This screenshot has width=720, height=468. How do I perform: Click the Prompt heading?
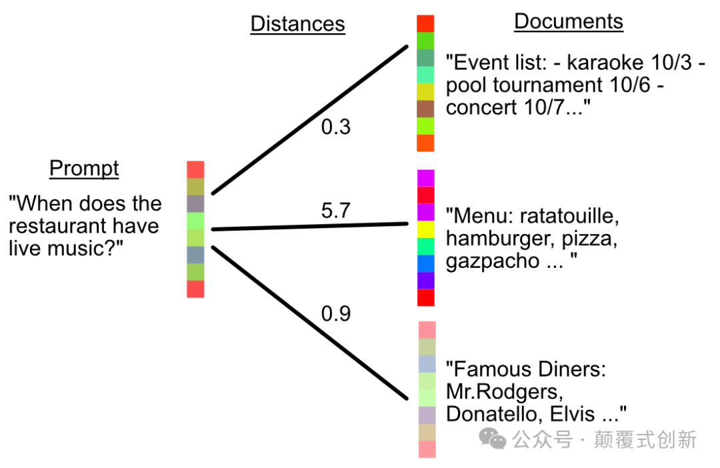point(84,169)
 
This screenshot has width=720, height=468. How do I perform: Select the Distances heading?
point(297,24)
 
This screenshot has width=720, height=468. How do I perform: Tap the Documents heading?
point(568,21)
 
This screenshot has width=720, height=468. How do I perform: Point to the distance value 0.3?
point(336,127)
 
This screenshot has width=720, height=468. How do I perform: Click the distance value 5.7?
point(336,211)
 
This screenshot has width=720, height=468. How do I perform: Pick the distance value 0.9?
point(336,313)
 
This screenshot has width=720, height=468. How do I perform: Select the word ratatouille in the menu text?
point(569,216)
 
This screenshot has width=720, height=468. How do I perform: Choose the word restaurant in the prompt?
point(61,226)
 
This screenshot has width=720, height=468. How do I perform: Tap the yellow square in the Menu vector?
point(426,229)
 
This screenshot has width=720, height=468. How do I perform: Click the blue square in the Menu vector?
point(426,264)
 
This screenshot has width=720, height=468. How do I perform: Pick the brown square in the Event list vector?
point(425,109)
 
